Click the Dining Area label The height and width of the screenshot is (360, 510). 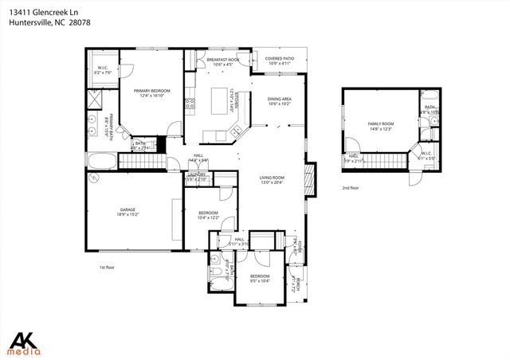pos(280,100)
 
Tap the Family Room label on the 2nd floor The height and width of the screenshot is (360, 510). pos(380,126)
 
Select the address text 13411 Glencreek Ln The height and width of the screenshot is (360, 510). pos(40,12)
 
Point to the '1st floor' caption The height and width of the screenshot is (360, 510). pos(108,268)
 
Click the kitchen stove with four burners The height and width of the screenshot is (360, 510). pos(190,103)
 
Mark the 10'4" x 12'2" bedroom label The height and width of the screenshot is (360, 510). pos(209,215)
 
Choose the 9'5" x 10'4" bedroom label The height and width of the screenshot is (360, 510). pos(260,278)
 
